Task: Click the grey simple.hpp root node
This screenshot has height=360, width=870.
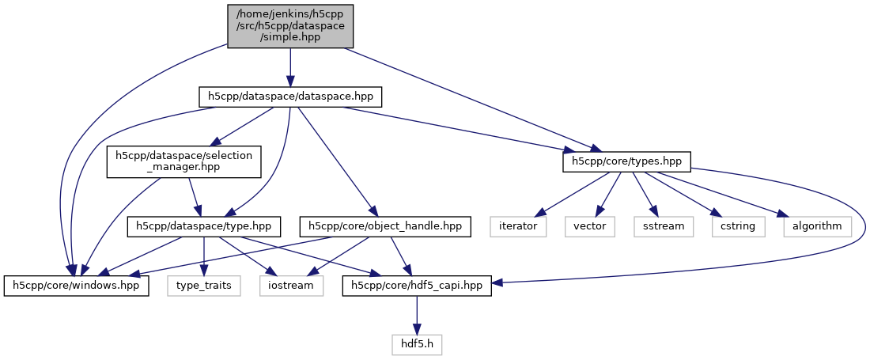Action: point(290,26)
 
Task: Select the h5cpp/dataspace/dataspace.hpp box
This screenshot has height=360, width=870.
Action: point(290,97)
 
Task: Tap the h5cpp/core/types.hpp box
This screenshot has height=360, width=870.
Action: point(627,161)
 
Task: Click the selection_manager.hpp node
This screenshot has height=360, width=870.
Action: point(183,161)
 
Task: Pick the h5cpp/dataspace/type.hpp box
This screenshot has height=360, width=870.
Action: point(204,226)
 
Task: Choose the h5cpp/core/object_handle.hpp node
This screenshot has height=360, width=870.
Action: point(386,226)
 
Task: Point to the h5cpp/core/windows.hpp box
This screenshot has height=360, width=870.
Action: point(77,285)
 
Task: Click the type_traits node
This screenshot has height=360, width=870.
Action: point(204,285)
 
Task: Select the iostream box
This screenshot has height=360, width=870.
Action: point(292,285)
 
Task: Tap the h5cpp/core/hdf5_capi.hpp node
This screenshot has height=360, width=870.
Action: point(417,285)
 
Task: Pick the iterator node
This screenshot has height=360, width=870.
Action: point(518,226)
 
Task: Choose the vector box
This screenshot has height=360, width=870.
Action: point(589,226)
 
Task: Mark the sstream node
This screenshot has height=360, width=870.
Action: point(663,226)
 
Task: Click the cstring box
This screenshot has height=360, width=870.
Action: point(738,226)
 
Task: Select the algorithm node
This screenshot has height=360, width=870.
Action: point(817,226)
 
